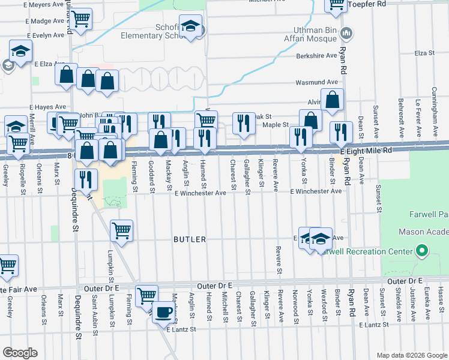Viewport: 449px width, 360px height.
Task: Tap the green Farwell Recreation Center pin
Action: click(422, 251)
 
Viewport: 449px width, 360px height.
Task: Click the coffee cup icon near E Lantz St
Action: click(163, 312)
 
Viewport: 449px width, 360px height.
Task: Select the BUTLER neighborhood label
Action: click(190, 239)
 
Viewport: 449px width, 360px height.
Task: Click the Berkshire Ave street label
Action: click(318, 56)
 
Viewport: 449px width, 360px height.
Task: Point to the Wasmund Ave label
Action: click(316, 82)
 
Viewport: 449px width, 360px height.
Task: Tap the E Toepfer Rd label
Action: click(370, 4)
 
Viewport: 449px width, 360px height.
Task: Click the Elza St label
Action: click(424, 53)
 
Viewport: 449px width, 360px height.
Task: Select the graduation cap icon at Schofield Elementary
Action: click(190, 27)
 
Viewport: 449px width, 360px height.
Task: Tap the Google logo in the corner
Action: click(20, 352)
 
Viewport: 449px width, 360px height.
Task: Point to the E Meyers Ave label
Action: click(43, 5)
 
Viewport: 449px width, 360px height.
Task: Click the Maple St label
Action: click(276, 125)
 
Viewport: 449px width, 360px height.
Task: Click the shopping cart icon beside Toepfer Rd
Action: click(337, 4)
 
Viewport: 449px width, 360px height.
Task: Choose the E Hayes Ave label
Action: click(47, 106)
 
